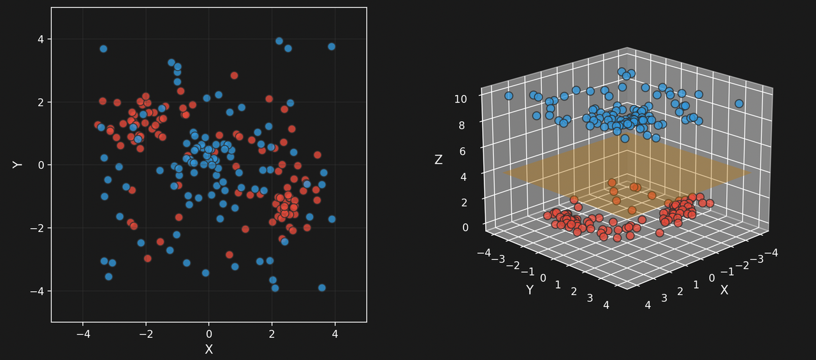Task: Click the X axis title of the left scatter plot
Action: [208, 349]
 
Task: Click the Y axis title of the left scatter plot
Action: [17, 164]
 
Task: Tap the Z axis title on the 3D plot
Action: [439, 160]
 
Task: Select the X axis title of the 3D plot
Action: [724, 290]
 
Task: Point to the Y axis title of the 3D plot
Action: [530, 290]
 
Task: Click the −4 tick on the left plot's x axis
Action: [82, 333]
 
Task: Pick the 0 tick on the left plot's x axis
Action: [208, 333]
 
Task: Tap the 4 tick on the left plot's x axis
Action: [335, 333]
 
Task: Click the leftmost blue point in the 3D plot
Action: [509, 96]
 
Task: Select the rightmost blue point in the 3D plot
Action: [739, 103]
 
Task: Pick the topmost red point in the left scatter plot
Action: [234, 75]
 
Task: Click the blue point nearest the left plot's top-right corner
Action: [331, 47]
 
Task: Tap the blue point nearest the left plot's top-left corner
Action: [103, 48]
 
